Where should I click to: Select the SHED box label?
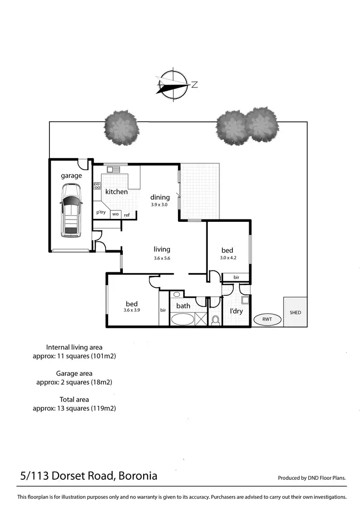pyautogui.click(x=295, y=313)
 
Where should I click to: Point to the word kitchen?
pyautogui.click(x=117, y=192)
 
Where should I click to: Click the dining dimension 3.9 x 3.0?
pyautogui.click(x=160, y=205)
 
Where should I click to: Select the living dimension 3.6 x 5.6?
pyautogui.click(x=162, y=258)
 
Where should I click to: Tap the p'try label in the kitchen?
pyautogui.click(x=101, y=212)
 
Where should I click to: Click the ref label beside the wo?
pyautogui.click(x=127, y=215)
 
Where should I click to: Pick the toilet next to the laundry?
pyautogui.click(x=216, y=319)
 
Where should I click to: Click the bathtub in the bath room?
pyautogui.click(x=182, y=319)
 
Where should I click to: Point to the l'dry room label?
pyautogui.click(x=236, y=311)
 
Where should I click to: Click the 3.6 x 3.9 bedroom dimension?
pyautogui.click(x=132, y=310)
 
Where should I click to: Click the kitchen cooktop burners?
pyautogui.click(x=97, y=185)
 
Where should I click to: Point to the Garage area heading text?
pyautogui.click(x=74, y=373)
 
